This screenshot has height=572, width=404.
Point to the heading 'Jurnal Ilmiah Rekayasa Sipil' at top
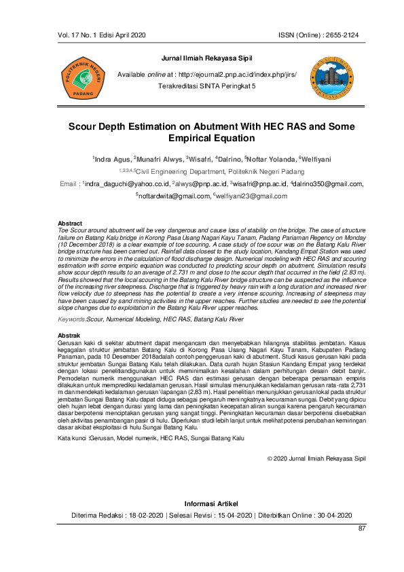[x=202, y=60]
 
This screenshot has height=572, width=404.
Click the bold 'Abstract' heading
[x=70, y=224]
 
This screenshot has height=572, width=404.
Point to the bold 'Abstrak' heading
[x=69, y=336]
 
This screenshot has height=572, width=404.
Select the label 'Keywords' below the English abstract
[x=72, y=319]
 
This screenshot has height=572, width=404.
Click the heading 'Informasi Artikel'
[x=202, y=503]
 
